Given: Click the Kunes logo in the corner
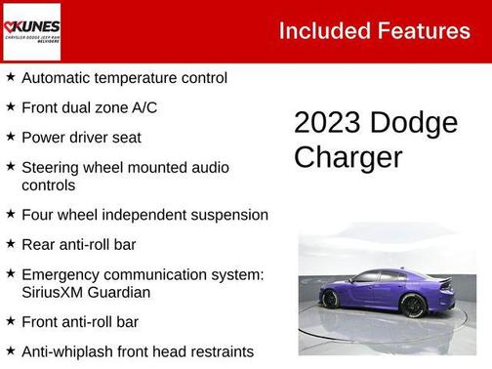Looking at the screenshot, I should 31,30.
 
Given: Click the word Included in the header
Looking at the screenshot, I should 323,30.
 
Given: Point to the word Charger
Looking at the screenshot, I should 348,157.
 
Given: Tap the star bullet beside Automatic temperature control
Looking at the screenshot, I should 10,76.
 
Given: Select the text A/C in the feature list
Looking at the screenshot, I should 139,107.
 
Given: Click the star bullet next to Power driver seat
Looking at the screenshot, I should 10,137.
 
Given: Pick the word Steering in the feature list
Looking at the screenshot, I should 51,168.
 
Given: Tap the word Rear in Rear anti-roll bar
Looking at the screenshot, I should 38,243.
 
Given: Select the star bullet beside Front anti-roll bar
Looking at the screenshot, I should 10,320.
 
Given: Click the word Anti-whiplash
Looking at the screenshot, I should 67,350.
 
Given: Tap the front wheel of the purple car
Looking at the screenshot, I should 331,299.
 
